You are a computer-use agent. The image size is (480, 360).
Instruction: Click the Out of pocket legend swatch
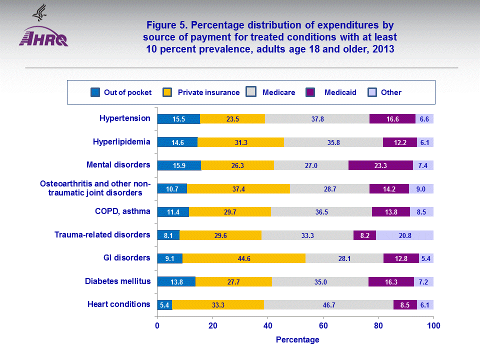(95, 92)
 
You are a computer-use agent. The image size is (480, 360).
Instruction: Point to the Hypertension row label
(124, 118)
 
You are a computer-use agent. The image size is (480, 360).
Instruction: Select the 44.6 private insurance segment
(244, 258)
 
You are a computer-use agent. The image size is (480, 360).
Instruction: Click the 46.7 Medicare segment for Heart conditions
(328, 304)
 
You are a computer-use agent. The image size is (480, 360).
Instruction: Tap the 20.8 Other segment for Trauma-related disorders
(404, 235)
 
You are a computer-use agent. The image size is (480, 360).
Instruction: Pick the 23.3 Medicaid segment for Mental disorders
(380, 165)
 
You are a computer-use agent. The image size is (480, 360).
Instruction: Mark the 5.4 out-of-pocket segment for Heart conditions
(164, 304)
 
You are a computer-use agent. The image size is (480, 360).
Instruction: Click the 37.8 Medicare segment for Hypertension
(317, 119)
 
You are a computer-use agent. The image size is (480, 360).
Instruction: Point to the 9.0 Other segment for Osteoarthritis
(421, 188)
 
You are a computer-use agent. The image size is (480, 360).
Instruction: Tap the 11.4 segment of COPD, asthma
(173, 211)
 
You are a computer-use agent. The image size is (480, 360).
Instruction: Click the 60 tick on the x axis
(323, 326)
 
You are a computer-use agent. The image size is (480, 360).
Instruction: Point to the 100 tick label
(433, 326)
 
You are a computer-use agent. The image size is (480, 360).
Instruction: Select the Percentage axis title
(297, 340)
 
